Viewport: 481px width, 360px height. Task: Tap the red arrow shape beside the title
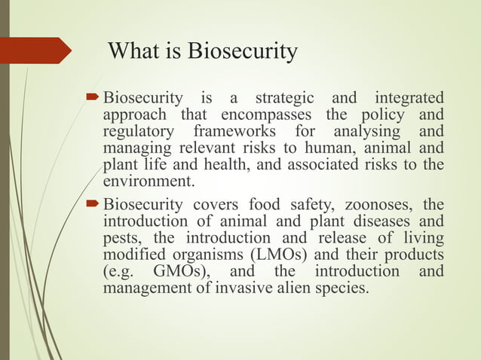click(x=35, y=51)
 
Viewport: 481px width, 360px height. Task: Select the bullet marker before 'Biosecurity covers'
click(x=93, y=204)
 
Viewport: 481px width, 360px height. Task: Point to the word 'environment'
click(x=146, y=182)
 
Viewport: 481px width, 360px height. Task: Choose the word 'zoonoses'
click(x=378, y=204)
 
